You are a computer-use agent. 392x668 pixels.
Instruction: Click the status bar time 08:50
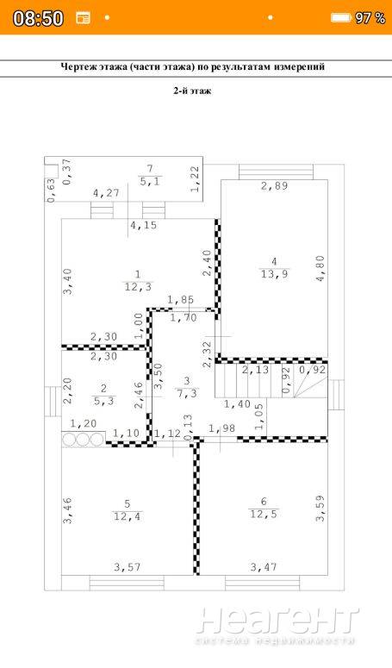point(38,18)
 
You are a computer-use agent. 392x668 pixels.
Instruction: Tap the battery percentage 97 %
point(370,18)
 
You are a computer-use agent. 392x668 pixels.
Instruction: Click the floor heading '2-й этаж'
point(192,91)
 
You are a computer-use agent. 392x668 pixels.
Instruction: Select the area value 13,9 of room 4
point(274,274)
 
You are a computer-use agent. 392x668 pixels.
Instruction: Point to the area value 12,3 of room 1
point(138,287)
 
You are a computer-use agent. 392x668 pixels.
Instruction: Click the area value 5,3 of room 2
point(104,401)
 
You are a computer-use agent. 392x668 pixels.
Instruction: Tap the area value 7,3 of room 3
point(187,393)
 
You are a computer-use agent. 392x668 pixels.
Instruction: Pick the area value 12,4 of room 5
point(127,517)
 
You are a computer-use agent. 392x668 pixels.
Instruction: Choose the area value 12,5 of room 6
point(263,515)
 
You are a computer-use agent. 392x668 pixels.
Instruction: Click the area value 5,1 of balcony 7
point(150,181)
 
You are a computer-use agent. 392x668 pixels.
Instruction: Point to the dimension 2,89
point(274,185)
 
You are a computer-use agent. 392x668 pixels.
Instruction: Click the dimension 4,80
point(320,268)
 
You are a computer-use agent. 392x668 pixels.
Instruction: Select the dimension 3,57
point(128,567)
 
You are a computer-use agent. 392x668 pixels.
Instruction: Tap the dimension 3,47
point(264,567)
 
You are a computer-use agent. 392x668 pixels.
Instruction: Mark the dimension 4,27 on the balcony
point(106,193)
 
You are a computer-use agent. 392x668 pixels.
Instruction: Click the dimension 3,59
point(320,508)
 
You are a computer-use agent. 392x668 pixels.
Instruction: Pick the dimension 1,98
point(221,428)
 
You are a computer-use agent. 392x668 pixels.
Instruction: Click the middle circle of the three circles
point(83,440)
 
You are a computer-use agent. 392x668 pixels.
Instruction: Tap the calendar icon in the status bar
point(83,18)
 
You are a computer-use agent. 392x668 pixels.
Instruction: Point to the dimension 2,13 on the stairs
point(255,370)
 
